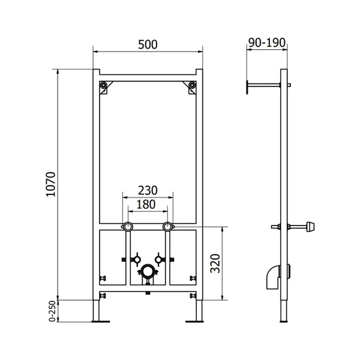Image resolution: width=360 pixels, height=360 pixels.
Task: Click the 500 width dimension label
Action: point(148,44)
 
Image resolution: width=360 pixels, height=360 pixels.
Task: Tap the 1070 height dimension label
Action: point(51,184)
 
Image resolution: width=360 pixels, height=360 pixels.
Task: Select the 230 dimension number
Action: point(148,190)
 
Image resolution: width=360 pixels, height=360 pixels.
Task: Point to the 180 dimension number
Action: point(146,205)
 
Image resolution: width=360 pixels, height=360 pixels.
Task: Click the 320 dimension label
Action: point(215,263)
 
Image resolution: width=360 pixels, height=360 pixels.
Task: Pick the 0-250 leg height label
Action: point(52,311)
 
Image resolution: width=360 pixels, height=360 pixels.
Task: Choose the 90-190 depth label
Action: point(267,43)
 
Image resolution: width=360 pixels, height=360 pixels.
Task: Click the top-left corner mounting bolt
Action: point(104,85)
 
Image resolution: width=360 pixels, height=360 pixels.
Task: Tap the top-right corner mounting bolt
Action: point(192,85)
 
